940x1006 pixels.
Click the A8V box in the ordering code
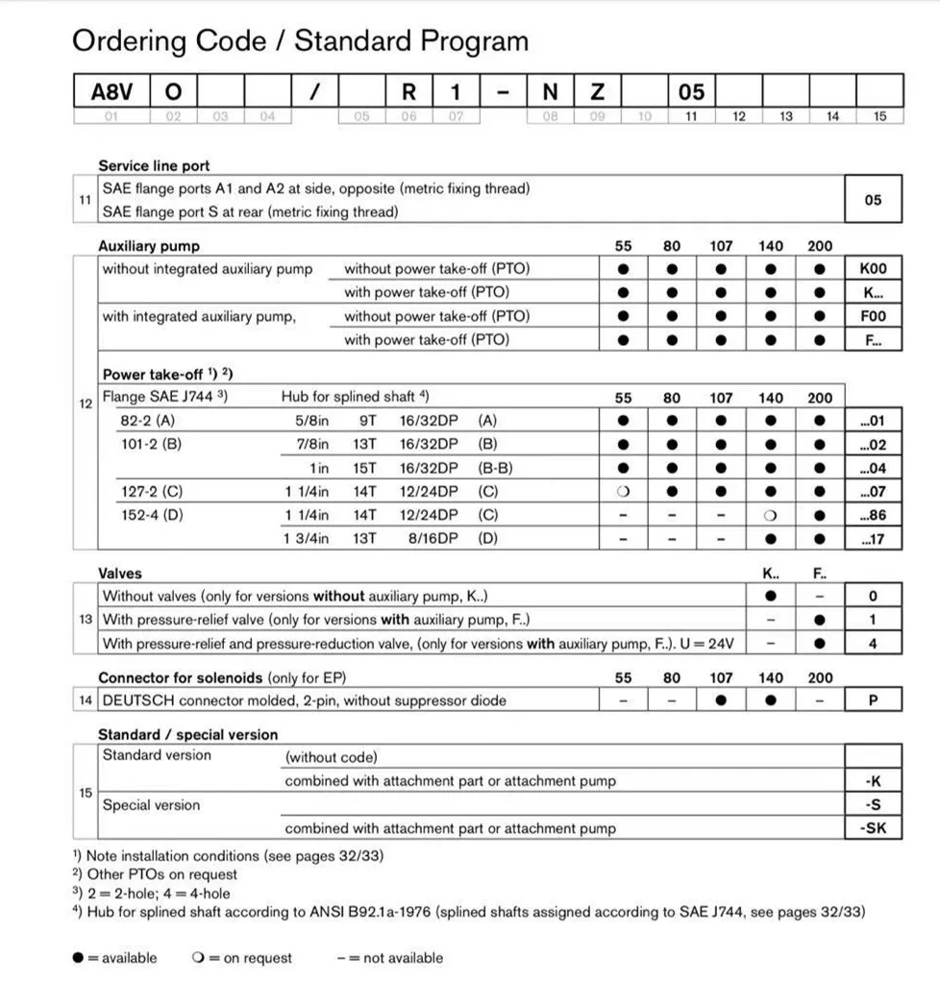pyautogui.click(x=111, y=91)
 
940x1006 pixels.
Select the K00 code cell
pyautogui.click(x=873, y=269)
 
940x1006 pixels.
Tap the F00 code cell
pyautogui.click(x=873, y=316)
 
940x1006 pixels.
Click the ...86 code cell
pyautogui.click(x=873, y=515)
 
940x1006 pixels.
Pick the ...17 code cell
pyautogui.click(x=873, y=539)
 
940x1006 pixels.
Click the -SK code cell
pyautogui.click(x=873, y=828)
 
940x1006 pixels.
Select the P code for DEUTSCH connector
pyautogui.click(x=873, y=700)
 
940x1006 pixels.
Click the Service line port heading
pyautogui.click(x=154, y=165)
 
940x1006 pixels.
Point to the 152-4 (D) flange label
pyautogui.click(x=152, y=515)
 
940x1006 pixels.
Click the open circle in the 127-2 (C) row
pyautogui.click(x=623, y=492)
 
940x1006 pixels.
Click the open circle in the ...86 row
pyautogui.click(x=771, y=515)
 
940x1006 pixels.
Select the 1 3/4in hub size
pyautogui.click(x=306, y=539)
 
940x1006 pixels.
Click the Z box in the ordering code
pyautogui.click(x=597, y=91)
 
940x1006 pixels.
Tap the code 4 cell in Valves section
pyautogui.click(x=873, y=644)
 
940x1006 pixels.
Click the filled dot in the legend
pyautogui.click(x=78, y=958)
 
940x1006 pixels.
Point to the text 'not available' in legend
pyautogui.click(x=403, y=958)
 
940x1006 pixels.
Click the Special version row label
pyautogui.click(x=152, y=805)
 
